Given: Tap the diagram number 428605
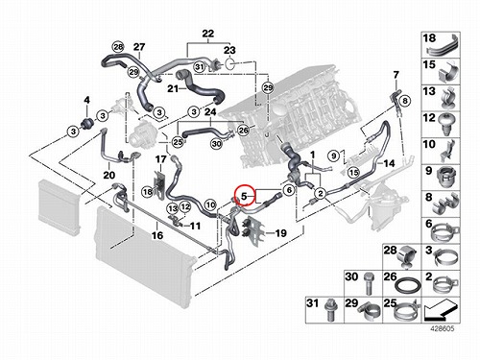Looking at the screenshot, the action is (442, 328).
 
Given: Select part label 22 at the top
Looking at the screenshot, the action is (208, 34).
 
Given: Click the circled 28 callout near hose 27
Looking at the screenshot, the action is (118, 47).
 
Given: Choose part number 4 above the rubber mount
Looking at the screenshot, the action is (86, 100).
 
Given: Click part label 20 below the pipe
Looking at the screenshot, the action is (108, 175).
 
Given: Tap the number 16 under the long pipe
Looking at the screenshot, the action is (157, 235).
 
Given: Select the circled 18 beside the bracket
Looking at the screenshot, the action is (148, 192).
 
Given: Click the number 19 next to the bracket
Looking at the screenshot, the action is (280, 233).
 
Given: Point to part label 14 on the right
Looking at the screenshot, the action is (389, 163).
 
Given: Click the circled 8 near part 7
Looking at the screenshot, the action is (405, 101).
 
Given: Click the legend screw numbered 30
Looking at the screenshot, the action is (369, 283).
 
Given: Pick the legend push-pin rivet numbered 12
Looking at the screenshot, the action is (448, 125).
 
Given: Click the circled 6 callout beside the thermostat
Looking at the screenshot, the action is (289, 190).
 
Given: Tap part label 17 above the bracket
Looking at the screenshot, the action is (161, 159).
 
